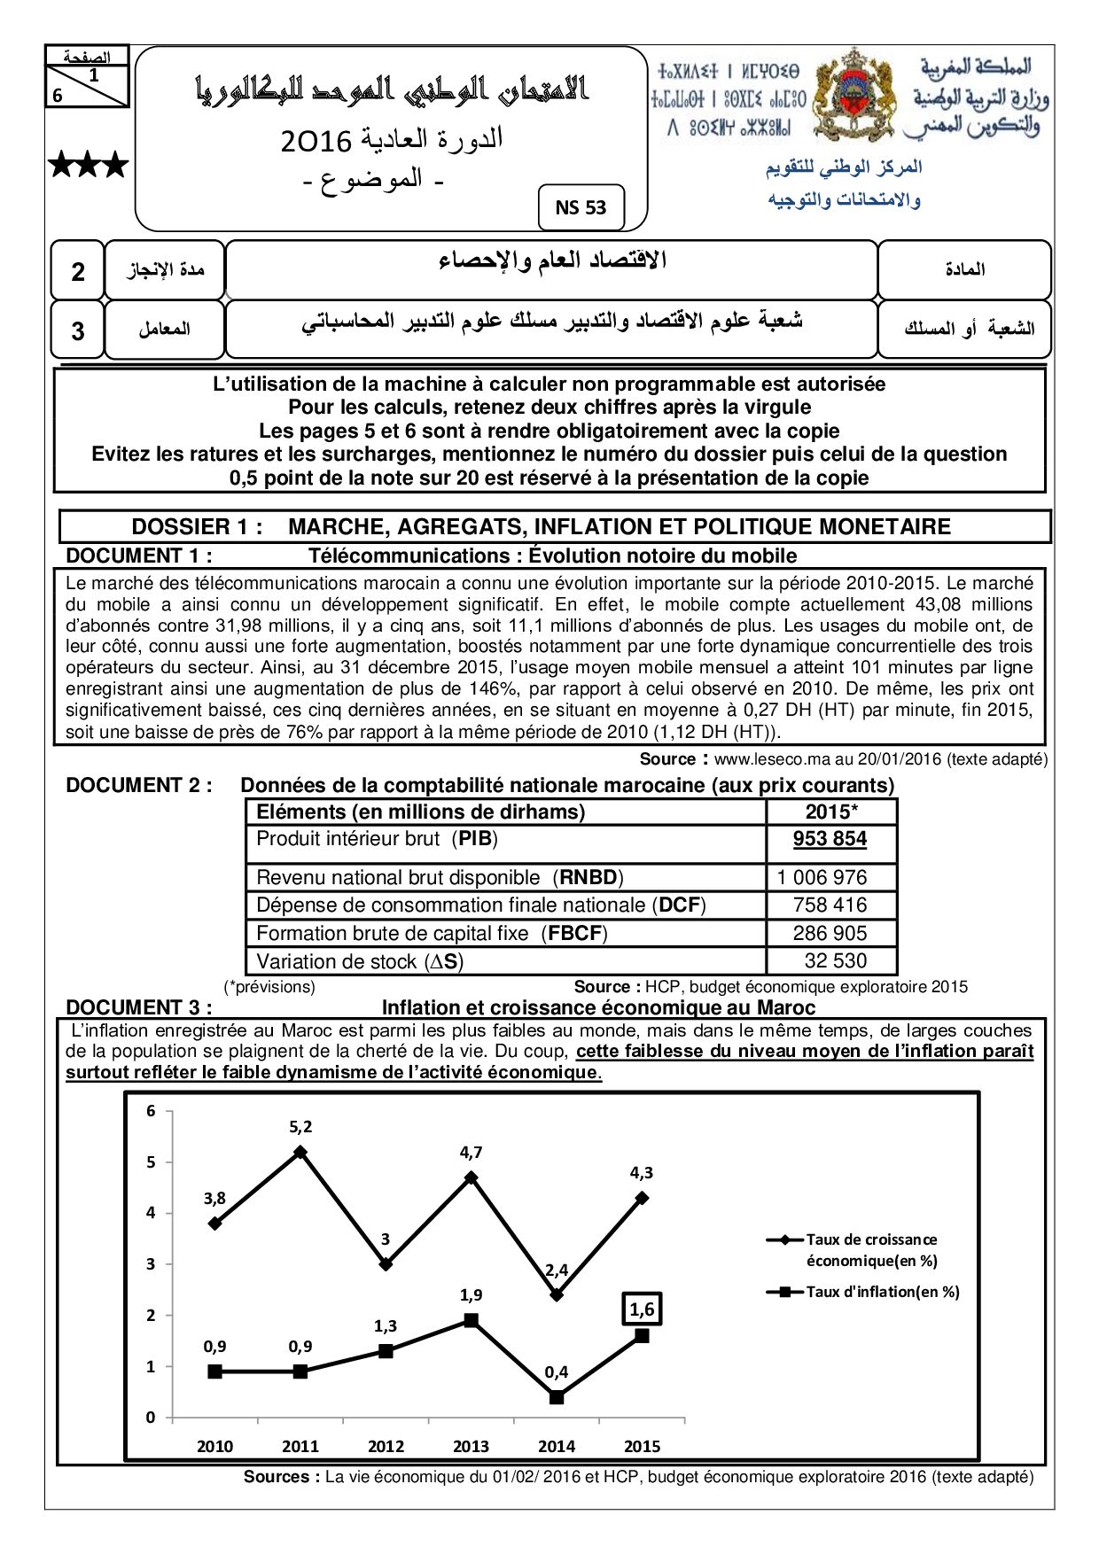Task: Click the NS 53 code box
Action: [x=581, y=207]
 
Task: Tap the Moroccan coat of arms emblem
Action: [x=853, y=96]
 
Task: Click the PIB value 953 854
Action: [x=830, y=839]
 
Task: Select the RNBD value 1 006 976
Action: [x=822, y=877]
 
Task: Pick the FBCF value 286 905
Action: [x=830, y=933]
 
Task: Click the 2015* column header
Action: [x=830, y=812]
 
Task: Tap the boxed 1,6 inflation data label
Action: [x=642, y=1309]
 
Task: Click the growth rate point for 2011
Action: [x=300, y=1152]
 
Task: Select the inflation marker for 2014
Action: [x=557, y=1397]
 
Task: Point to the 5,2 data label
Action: [x=300, y=1127]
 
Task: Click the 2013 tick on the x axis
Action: [x=471, y=1446]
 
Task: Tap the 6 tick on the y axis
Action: [x=151, y=1111]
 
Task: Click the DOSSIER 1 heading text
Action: [x=541, y=526]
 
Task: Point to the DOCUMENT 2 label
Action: [x=139, y=785]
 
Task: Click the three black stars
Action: [x=88, y=165]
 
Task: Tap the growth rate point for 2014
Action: [x=557, y=1294]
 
